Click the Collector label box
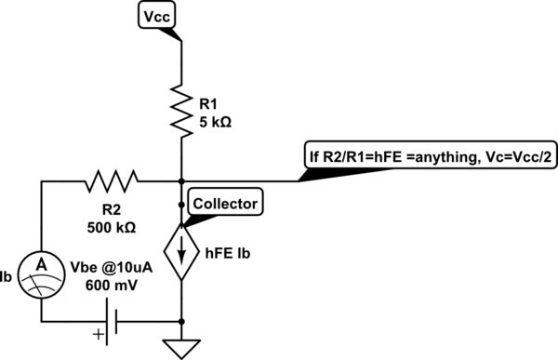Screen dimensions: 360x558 (223, 201)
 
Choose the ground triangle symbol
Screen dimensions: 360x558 (181, 346)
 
